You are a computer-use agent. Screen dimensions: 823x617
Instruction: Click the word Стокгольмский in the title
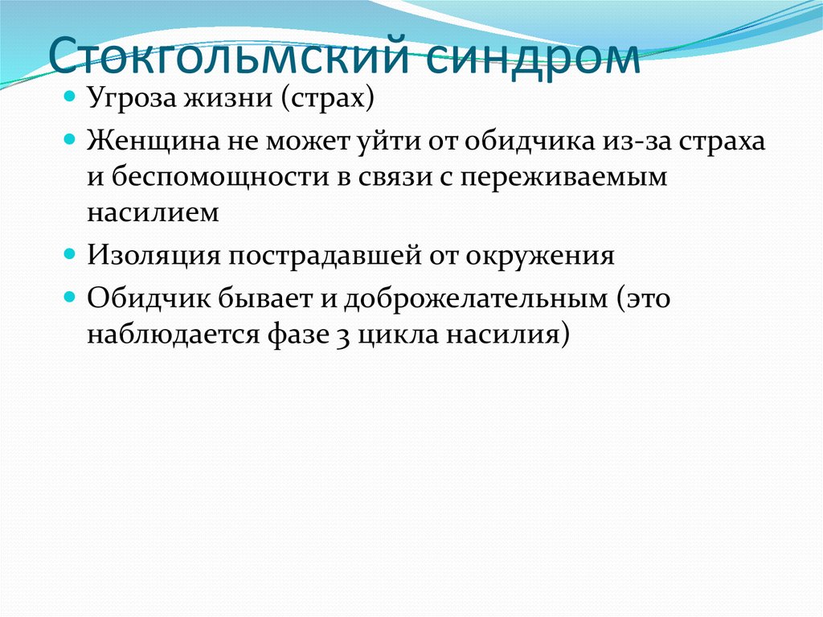point(228,55)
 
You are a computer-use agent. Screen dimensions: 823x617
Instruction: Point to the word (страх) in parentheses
point(328,98)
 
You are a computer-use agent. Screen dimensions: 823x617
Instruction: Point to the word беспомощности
point(220,178)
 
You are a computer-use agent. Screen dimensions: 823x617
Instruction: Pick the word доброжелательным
point(476,298)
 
